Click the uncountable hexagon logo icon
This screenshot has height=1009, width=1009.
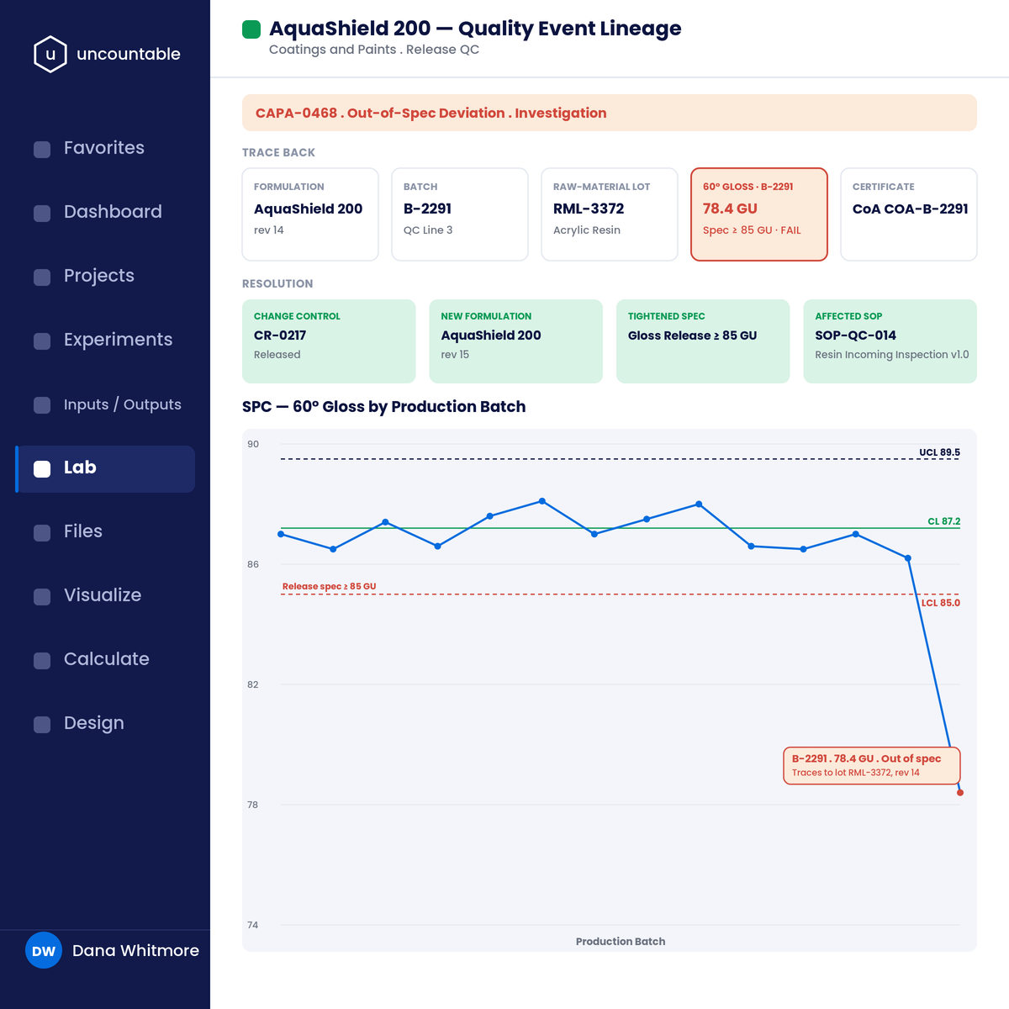(x=50, y=54)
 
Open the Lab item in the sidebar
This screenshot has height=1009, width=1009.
(x=105, y=468)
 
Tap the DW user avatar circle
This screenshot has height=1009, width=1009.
(x=44, y=950)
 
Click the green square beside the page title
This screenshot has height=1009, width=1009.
(x=251, y=29)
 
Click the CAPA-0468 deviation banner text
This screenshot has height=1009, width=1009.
(x=431, y=114)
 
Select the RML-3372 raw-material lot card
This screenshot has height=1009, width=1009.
(x=610, y=214)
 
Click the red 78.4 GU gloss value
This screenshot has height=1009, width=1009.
(x=730, y=209)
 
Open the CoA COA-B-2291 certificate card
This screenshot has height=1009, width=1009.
(x=909, y=214)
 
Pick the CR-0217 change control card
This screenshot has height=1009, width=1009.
(x=329, y=341)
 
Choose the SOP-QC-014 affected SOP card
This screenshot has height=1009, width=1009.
(x=890, y=341)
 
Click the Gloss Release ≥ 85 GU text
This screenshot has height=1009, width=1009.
(x=692, y=335)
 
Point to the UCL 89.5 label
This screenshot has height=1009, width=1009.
(x=939, y=452)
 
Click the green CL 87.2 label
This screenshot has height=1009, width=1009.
(x=943, y=521)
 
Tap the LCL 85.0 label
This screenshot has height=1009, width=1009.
(x=940, y=603)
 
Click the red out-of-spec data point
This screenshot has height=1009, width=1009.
(x=959, y=793)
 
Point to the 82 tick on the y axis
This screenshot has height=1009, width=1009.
(x=253, y=684)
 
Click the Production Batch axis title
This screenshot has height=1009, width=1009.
(x=621, y=942)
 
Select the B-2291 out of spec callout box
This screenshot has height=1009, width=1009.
(x=872, y=765)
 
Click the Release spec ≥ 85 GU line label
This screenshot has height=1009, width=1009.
(x=330, y=586)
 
